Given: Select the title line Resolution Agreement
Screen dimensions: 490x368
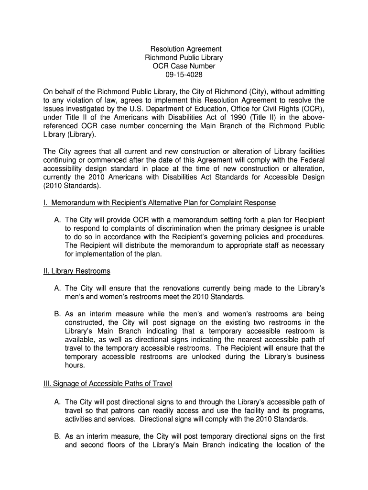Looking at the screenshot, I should click(x=186, y=49).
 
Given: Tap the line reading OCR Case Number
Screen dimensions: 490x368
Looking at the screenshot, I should click(x=184, y=66).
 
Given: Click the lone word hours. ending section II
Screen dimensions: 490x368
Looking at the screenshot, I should click(x=75, y=366).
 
